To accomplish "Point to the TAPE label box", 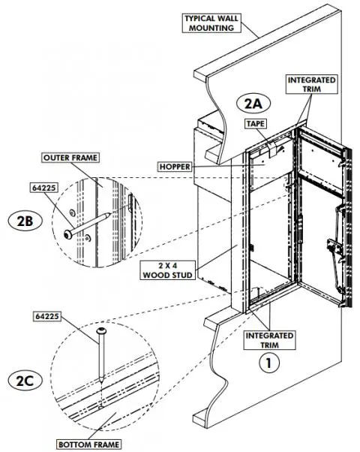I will click(256, 123).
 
